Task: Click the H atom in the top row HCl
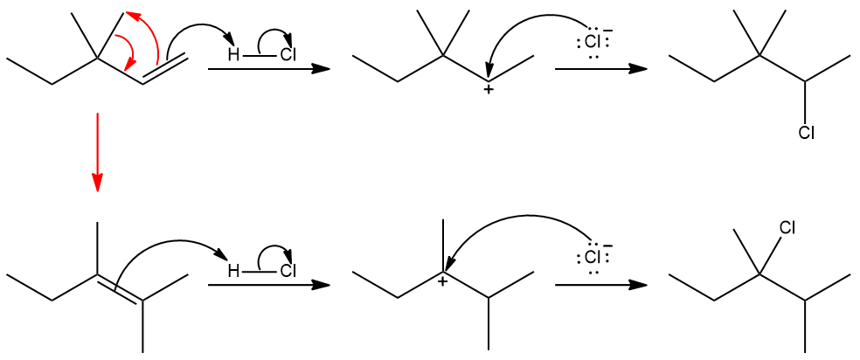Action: (233, 56)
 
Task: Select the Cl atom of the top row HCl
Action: (288, 56)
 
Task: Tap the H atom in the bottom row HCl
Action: (233, 271)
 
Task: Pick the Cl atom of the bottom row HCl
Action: (288, 271)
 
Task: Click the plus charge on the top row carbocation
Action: (488, 90)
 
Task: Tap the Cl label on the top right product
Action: (806, 133)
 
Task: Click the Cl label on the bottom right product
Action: (787, 228)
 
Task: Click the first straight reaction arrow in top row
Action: (269, 69)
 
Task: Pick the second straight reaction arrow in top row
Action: (600, 69)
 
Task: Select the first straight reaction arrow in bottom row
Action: (269, 285)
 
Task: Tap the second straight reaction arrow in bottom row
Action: (600, 285)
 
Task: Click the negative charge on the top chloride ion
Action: (608, 31)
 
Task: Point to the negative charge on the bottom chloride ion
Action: (608, 246)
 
